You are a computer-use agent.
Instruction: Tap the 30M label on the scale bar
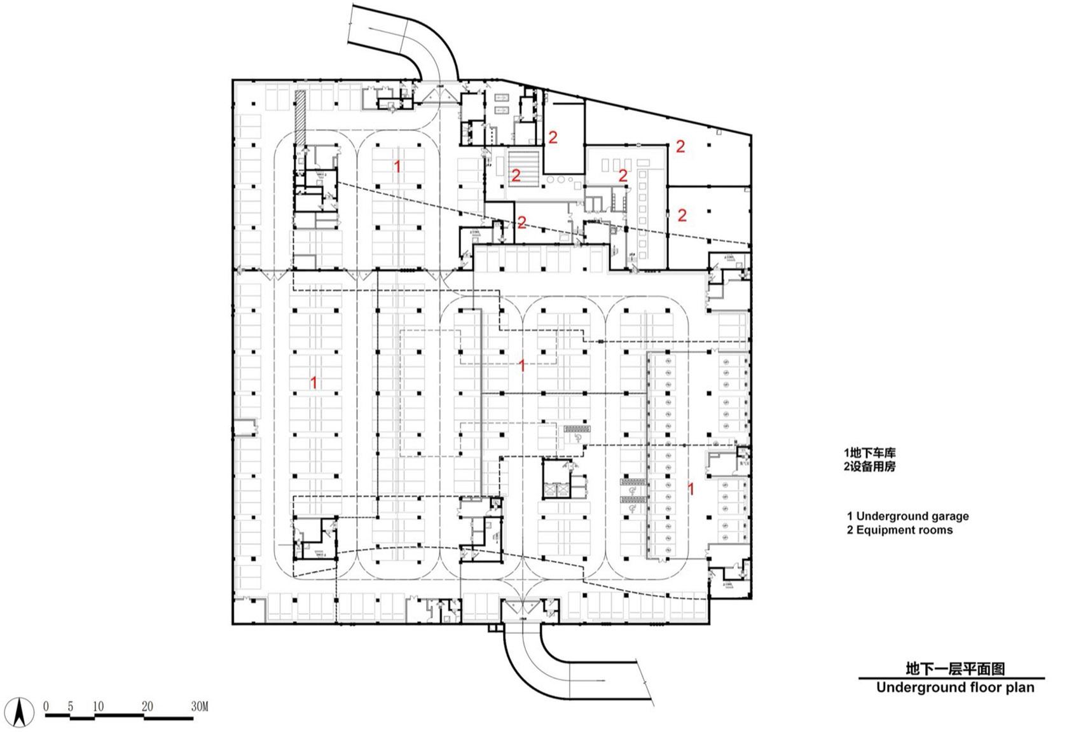point(199,706)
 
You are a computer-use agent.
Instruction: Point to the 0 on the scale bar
point(46,706)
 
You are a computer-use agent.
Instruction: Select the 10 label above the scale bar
point(98,706)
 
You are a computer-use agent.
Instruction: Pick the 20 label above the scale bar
point(148,706)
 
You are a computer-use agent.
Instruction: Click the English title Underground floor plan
point(954,687)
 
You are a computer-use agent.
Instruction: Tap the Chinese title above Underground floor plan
point(954,668)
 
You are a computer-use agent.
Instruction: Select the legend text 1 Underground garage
point(908,516)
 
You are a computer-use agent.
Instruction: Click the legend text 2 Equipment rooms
point(900,530)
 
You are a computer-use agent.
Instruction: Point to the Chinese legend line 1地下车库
point(869,453)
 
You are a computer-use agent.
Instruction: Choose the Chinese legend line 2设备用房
point(869,466)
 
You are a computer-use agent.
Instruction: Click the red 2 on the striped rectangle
point(516,175)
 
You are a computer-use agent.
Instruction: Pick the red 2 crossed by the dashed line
point(521,223)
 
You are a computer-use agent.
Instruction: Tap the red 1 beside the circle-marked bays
point(691,489)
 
